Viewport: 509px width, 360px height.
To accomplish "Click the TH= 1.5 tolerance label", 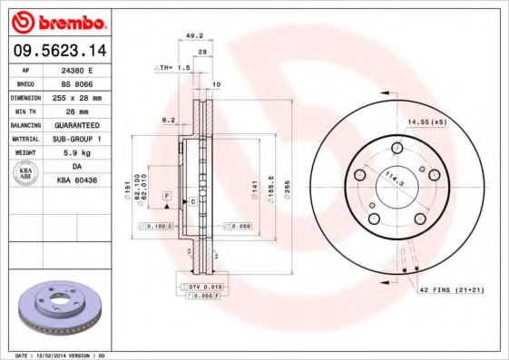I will click(x=172, y=67).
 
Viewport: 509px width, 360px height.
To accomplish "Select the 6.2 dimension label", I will click(x=168, y=120).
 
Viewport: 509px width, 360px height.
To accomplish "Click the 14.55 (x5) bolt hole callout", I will click(x=427, y=122).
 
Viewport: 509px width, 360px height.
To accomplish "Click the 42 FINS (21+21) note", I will click(x=454, y=288).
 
